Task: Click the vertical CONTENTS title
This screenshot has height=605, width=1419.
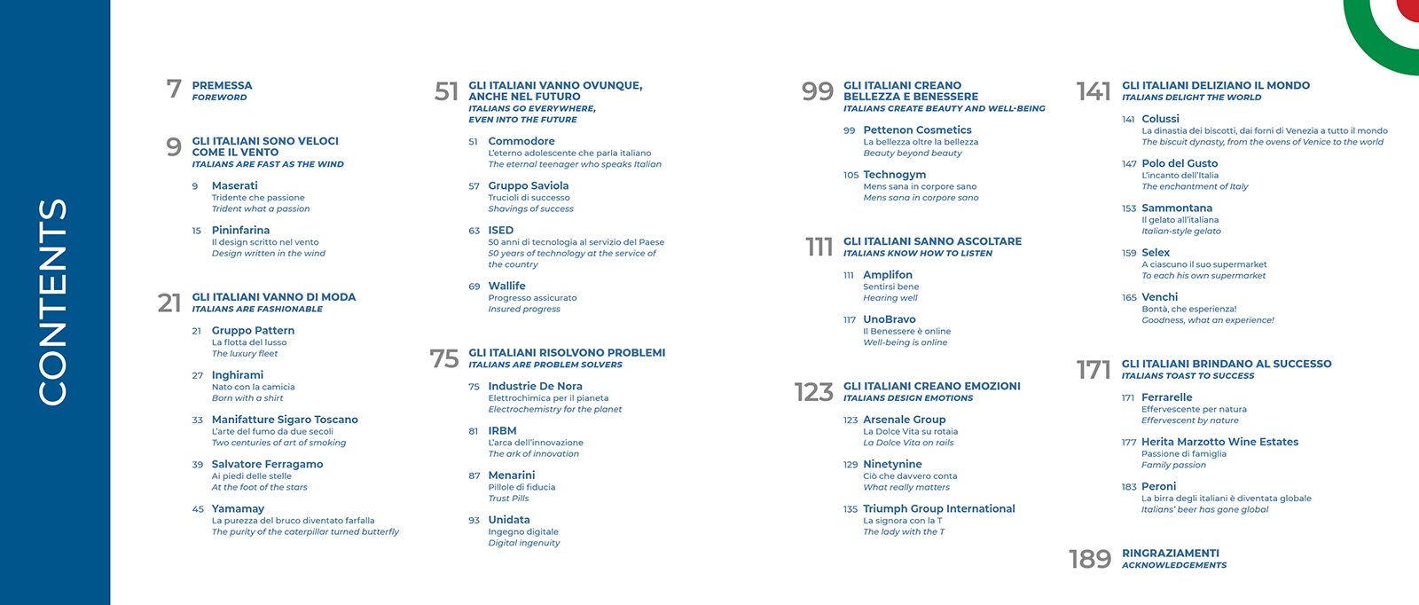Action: (x=53, y=302)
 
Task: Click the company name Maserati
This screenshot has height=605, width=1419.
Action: (x=234, y=186)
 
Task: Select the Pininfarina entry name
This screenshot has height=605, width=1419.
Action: (x=240, y=231)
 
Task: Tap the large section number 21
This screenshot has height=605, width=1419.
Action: (x=169, y=303)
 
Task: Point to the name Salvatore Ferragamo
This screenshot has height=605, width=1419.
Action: (x=267, y=465)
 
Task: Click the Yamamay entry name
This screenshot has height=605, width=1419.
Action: (x=238, y=509)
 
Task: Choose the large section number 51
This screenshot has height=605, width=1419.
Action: (x=446, y=91)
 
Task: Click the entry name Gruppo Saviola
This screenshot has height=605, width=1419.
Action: (x=528, y=186)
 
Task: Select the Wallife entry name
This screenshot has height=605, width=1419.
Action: (x=506, y=287)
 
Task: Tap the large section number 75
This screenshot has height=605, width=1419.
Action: (x=444, y=358)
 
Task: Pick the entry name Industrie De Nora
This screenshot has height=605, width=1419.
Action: (x=535, y=387)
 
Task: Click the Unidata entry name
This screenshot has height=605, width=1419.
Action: (x=509, y=521)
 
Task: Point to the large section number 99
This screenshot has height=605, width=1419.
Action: (x=817, y=91)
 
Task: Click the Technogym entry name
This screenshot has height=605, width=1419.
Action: (x=894, y=176)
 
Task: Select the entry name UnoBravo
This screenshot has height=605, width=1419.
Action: (x=889, y=320)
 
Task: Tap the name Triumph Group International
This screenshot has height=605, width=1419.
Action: (x=938, y=509)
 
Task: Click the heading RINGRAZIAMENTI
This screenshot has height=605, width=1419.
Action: (x=1170, y=554)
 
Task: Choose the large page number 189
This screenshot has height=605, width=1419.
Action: (x=1090, y=559)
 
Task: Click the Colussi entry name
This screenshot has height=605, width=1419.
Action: (x=1160, y=120)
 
